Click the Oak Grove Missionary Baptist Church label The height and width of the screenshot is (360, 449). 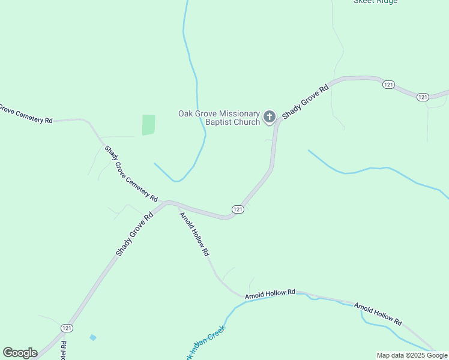[x=219, y=118]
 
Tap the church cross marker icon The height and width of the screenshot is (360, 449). [x=270, y=116]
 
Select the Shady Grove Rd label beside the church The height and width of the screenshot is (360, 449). [x=306, y=101]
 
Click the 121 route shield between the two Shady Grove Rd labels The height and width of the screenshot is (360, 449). [x=238, y=209]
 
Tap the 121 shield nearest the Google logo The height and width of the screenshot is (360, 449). [x=67, y=328]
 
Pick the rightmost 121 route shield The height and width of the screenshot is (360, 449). [x=423, y=97]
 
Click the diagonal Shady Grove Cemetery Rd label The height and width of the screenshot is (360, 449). [x=131, y=173]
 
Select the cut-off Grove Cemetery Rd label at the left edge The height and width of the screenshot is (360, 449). [x=25, y=114]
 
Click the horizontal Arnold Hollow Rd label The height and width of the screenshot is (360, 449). [x=270, y=293]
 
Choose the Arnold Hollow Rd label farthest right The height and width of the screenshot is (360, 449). [x=378, y=314]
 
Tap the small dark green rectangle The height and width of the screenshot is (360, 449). [x=148, y=125]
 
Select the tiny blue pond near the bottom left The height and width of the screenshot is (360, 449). [x=92, y=338]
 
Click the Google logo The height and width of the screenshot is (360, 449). [x=20, y=353]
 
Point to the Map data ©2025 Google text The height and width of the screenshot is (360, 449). [x=412, y=355]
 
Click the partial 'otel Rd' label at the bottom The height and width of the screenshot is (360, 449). [x=63, y=351]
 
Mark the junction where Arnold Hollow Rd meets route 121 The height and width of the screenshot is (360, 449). [x=178, y=205]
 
